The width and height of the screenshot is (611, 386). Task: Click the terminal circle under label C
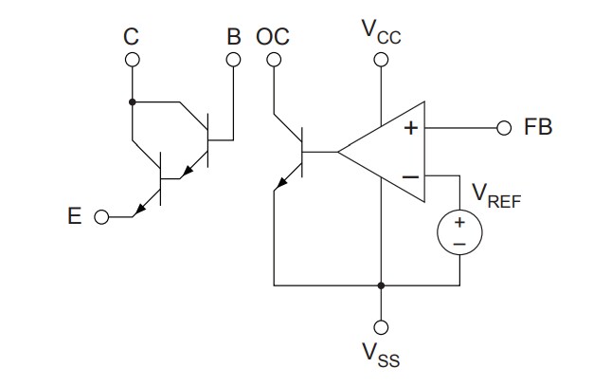(132, 60)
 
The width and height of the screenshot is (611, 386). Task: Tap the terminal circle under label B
(234, 60)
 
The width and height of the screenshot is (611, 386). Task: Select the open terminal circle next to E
(102, 217)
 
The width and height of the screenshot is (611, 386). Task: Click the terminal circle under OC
(274, 60)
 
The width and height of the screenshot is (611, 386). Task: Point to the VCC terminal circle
(381, 60)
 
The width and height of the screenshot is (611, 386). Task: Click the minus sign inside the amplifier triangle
(410, 176)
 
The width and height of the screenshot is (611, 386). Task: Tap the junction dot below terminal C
(132, 101)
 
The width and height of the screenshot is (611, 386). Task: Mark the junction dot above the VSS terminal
(381, 285)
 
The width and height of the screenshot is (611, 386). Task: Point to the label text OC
(273, 37)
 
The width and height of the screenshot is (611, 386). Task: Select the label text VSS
(381, 355)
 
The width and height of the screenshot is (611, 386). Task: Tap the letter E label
(74, 217)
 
